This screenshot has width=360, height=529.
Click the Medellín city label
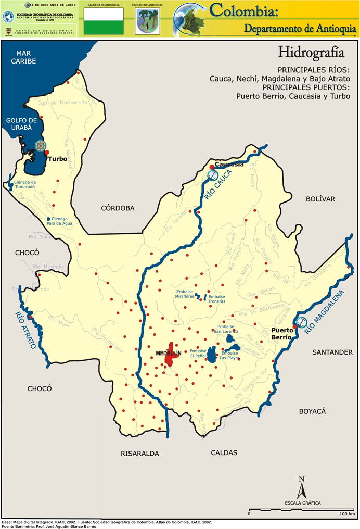click(169, 354)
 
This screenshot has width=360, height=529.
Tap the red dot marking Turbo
click(47, 152)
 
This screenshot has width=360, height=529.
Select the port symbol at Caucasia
click(212, 175)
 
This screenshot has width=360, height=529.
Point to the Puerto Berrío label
click(282, 334)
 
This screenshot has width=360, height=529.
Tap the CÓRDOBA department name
click(118, 208)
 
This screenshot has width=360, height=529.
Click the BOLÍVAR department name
click(320, 199)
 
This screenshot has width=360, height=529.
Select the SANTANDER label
click(332, 352)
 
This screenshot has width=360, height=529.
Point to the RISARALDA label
click(139, 453)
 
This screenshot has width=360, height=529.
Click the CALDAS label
click(224, 452)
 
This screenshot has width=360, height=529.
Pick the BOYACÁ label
click(312, 411)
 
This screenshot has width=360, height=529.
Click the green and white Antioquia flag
click(104, 23)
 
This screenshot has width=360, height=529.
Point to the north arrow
click(301, 488)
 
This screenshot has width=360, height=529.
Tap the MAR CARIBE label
click(25, 57)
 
